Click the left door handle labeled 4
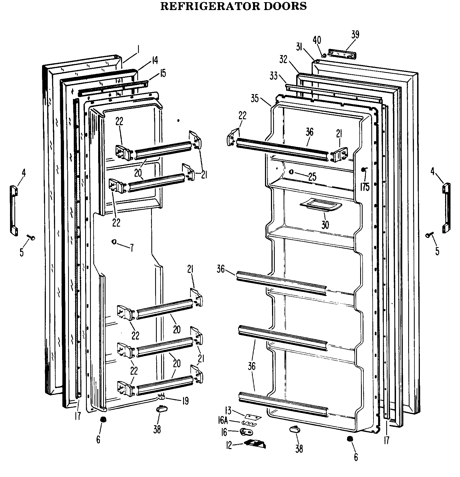(x=14, y=210)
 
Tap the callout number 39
(x=355, y=35)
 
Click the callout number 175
(x=365, y=187)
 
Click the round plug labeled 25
(x=291, y=172)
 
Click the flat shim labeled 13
(x=253, y=417)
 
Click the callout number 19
(x=185, y=401)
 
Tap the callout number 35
(x=255, y=99)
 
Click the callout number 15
(x=162, y=73)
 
